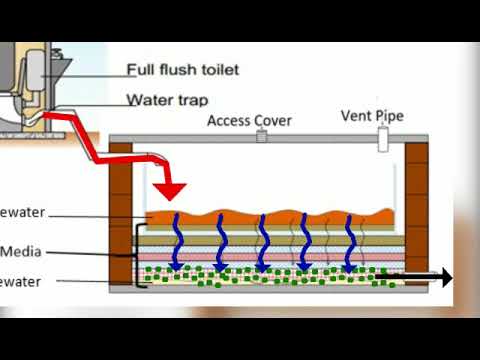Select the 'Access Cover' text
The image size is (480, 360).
(249, 121)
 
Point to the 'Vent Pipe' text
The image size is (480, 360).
(374, 115)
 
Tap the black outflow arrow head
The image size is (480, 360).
(443, 277)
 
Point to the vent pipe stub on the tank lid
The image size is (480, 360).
(382, 139)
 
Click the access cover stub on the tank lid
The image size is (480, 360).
(262, 136)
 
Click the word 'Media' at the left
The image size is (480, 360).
(21, 251)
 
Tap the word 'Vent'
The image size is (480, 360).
(357, 115)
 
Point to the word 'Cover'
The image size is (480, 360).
(271, 121)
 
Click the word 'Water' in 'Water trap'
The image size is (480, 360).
(148, 99)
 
